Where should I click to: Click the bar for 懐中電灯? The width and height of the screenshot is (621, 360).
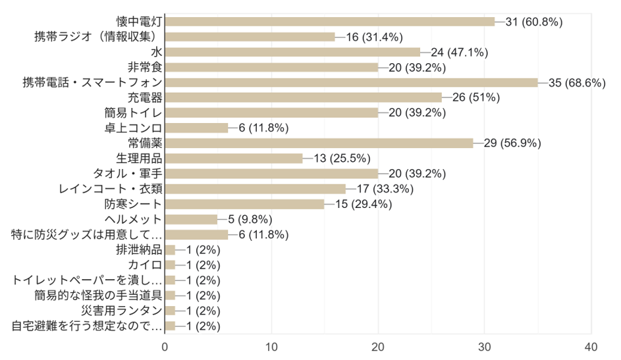[329, 22]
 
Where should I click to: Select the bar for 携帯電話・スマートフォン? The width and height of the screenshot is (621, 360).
[351, 82]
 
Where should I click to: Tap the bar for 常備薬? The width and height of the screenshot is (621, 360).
[319, 143]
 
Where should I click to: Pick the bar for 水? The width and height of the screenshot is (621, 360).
[292, 52]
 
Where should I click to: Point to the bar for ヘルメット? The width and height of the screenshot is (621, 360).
[191, 219]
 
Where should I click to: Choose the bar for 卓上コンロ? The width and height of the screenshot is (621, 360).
[196, 128]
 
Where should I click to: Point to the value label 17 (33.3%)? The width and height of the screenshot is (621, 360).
[385, 189]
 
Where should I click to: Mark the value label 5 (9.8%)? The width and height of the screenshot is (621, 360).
[250, 219]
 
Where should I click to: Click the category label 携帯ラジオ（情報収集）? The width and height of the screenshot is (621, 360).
[98, 37]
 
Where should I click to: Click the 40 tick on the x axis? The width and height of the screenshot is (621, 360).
[591, 347]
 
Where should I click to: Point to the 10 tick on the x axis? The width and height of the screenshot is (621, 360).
[271, 347]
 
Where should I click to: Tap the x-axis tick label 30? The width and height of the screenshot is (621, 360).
[484, 347]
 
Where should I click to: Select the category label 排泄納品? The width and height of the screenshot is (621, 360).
[139, 249]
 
